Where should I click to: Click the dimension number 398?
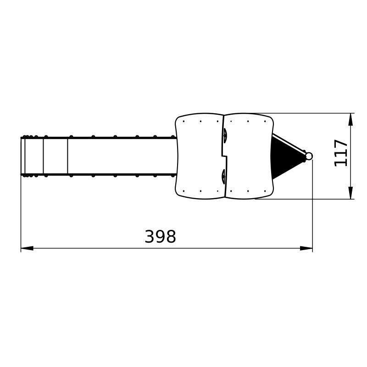(x=160, y=236)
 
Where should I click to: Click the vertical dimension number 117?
(x=341, y=153)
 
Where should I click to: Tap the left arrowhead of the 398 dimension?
(x=27, y=248)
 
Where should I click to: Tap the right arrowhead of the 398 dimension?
(x=306, y=248)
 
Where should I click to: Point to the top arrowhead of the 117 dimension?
(x=350, y=119)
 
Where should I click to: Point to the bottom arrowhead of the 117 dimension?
(x=350, y=193)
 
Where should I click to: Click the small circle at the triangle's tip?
(x=309, y=156)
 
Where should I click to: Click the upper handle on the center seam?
(x=225, y=135)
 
